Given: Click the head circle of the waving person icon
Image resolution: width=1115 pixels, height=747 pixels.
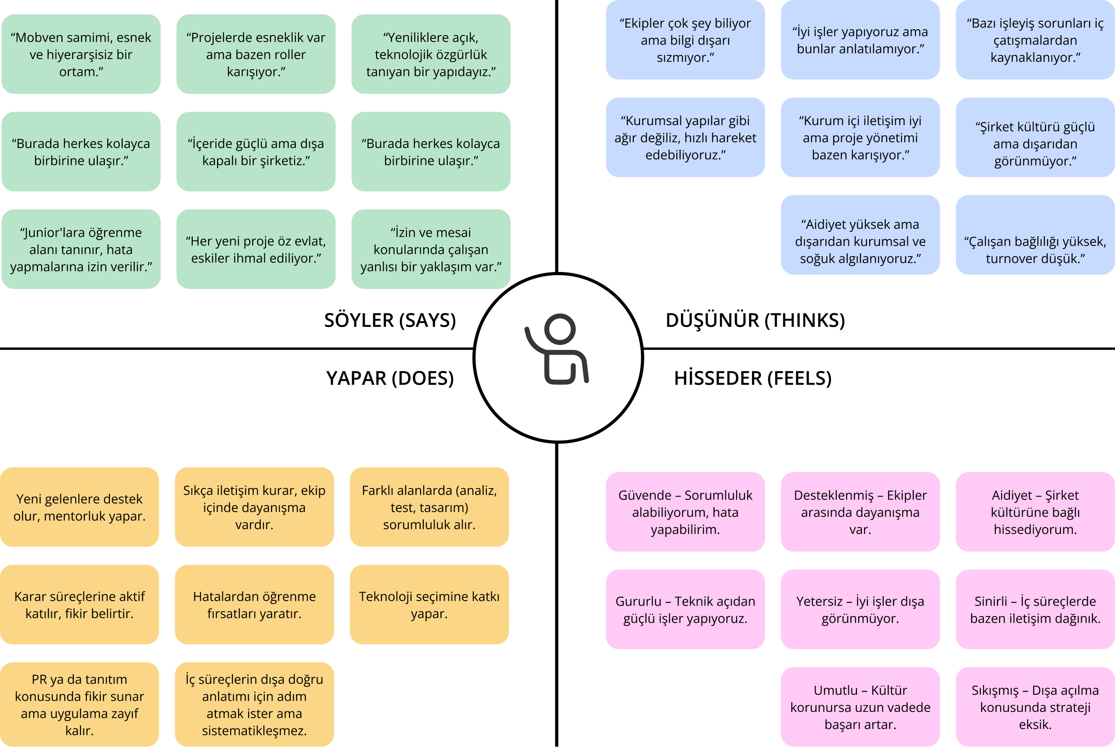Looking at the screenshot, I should click(559, 329).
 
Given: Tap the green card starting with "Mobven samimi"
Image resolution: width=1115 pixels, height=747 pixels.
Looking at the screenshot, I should click(81, 54).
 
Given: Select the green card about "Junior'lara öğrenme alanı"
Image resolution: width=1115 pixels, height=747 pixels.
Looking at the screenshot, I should click(81, 249).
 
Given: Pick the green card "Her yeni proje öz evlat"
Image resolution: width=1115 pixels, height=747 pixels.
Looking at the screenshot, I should click(256, 249).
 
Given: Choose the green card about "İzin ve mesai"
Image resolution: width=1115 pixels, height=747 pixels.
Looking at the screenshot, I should click(431, 249).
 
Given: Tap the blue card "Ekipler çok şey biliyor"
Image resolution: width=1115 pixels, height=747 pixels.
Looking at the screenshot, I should click(685, 40).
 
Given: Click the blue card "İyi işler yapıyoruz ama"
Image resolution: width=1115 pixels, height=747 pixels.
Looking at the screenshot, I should click(860, 40).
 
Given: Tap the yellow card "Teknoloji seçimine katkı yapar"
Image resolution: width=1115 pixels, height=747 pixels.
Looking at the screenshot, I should click(429, 605).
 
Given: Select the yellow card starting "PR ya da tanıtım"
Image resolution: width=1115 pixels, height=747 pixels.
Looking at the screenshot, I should click(80, 704).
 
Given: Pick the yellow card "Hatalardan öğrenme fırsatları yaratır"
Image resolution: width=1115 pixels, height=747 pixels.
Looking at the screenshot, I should click(254, 605).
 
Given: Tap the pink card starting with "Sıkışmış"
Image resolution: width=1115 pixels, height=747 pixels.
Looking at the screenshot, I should click(1035, 707).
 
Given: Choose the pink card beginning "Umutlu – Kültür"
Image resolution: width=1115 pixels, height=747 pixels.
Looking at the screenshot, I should click(860, 707).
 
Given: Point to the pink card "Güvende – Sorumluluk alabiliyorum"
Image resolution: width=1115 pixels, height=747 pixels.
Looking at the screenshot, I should click(685, 512).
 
